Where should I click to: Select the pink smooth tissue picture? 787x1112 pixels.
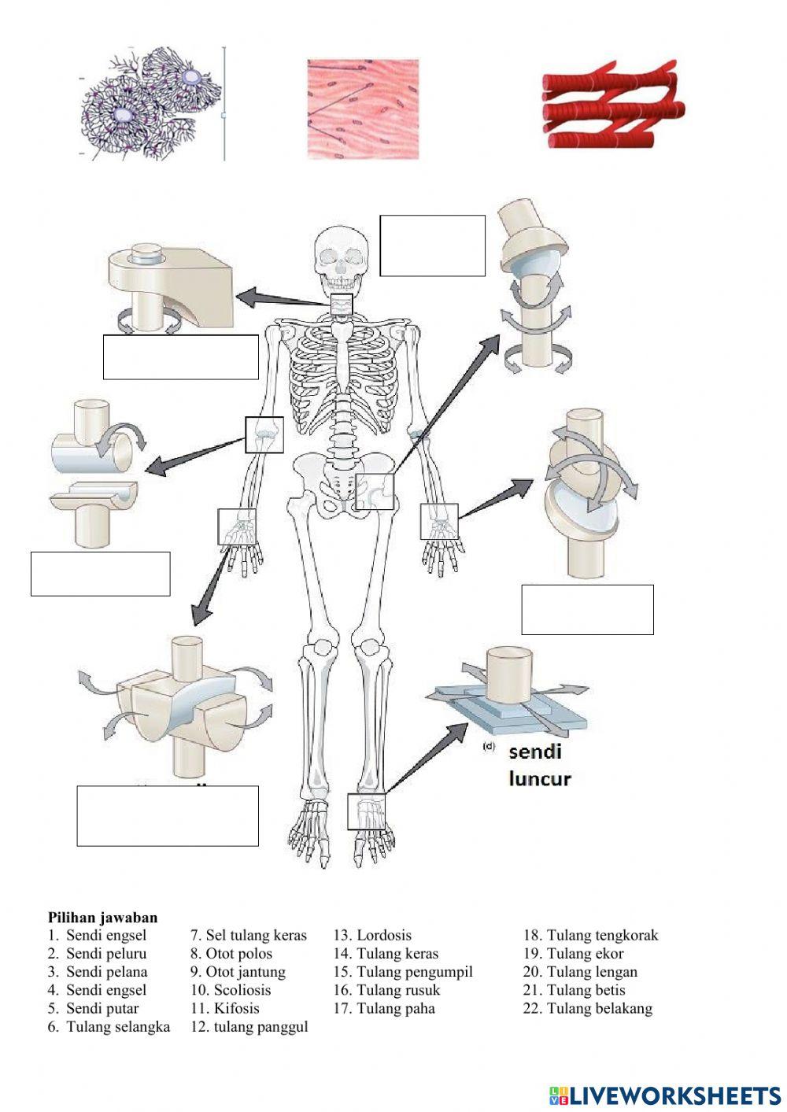(x=362, y=109)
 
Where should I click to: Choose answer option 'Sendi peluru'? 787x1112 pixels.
(x=106, y=954)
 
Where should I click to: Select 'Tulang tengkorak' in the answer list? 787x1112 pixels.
(x=602, y=936)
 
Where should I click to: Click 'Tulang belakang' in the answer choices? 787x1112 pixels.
(x=599, y=1008)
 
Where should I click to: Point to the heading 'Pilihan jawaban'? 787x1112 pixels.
(x=103, y=918)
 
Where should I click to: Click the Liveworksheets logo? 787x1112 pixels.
(x=665, y=1095)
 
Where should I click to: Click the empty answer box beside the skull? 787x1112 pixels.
(x=432, y=246)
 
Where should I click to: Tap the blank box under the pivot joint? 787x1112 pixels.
(x=181, y=357)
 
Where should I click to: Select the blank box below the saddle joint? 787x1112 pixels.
(x=168, y=815)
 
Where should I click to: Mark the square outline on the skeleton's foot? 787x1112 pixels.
(x=368, y=811)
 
